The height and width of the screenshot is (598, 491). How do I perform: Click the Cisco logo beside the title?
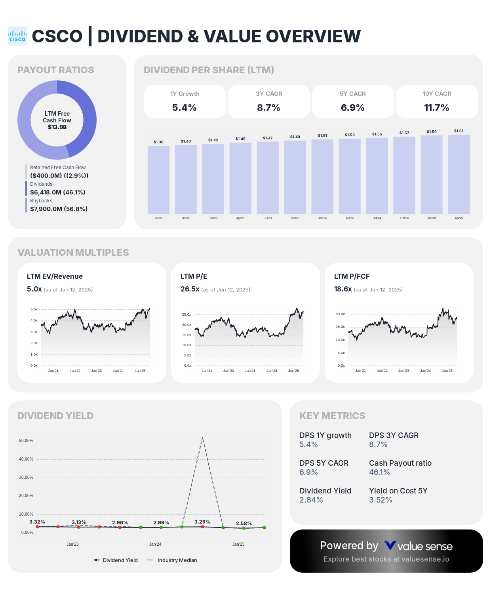pos(17,36)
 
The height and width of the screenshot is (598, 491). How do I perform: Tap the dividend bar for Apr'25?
pos(459,174)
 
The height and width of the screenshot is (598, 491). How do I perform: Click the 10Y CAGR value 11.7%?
pos(436,108)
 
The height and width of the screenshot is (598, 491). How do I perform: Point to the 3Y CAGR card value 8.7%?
pos(268,108)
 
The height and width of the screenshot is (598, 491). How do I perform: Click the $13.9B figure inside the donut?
pos(57,127)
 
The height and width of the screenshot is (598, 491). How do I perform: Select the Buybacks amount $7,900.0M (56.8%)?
pos(59,209)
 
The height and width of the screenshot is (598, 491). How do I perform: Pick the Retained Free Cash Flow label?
pos(58,168)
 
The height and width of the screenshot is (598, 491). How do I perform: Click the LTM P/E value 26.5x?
pos(190,289)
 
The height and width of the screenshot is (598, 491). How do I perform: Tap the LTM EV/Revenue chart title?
pos(55,276)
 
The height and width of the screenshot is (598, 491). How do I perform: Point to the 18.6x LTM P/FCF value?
pos(343,289)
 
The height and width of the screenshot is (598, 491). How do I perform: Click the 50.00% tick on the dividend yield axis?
pos(26,440)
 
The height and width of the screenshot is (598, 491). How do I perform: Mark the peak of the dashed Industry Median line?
pos(202,438)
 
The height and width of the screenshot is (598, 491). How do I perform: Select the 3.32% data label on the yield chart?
pos(37,522)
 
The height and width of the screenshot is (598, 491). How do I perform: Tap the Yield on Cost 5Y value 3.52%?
pos(381,500)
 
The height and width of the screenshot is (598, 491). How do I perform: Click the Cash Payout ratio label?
pos(400,463)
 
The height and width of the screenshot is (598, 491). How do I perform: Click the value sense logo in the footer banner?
pos(418,546)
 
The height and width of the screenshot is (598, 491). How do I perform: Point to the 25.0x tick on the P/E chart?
pos(187,314)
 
